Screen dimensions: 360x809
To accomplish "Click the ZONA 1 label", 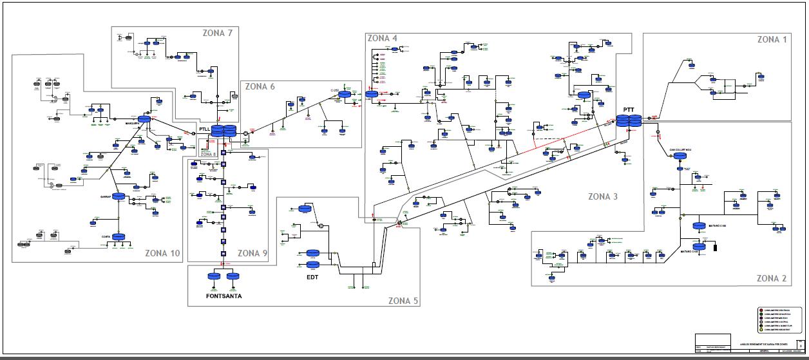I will pyautogui.click(x=772, y=40).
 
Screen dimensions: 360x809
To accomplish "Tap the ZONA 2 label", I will pyautogui.click(x=772, y=278).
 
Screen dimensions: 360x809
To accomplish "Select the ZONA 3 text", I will pyautogui.click(x=603, y=196).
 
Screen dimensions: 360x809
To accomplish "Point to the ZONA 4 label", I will pyautogui.click(x=382, y=38).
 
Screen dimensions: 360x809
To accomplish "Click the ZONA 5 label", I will pyautogui.click(x=403, y=300).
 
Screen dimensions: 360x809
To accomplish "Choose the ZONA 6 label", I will pyautogui.click(x=260, y=86).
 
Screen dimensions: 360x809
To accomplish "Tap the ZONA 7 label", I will pyautogui.click(x=218, y=33).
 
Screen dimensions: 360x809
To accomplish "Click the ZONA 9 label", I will pyautogui.click(x=252, y=253).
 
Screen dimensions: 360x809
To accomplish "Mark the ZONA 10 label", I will pyautogui.click(x=162, y=252).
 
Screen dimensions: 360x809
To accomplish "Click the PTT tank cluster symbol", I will pyautogui.click(x=628, y=121).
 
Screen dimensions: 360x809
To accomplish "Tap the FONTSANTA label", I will pyautogui.click(x=224, y=296).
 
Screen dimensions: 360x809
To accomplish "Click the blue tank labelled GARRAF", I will pyautogui.click(x=119, y=197).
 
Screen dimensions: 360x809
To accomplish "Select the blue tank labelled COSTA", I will pyautogui.click(x=119, y=237).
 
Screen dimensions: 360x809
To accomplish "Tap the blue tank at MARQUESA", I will pyautogui.click(x=143, y=119).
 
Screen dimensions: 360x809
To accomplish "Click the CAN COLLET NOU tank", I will pyautogui.click(x=681, y=156).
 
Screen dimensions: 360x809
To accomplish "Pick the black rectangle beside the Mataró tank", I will pyautogui.click(x=714, y=247).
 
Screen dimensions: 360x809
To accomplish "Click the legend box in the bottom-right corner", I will pyautogui.click(x=779, y=320).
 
